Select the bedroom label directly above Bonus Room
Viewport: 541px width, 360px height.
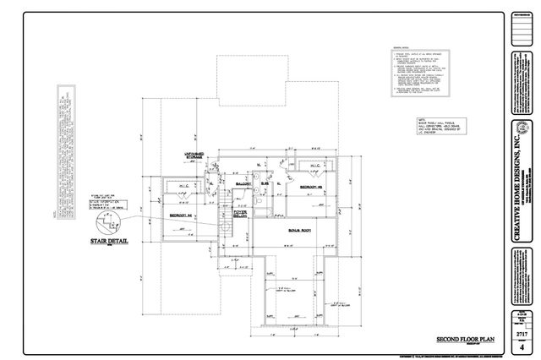point(315,186)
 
